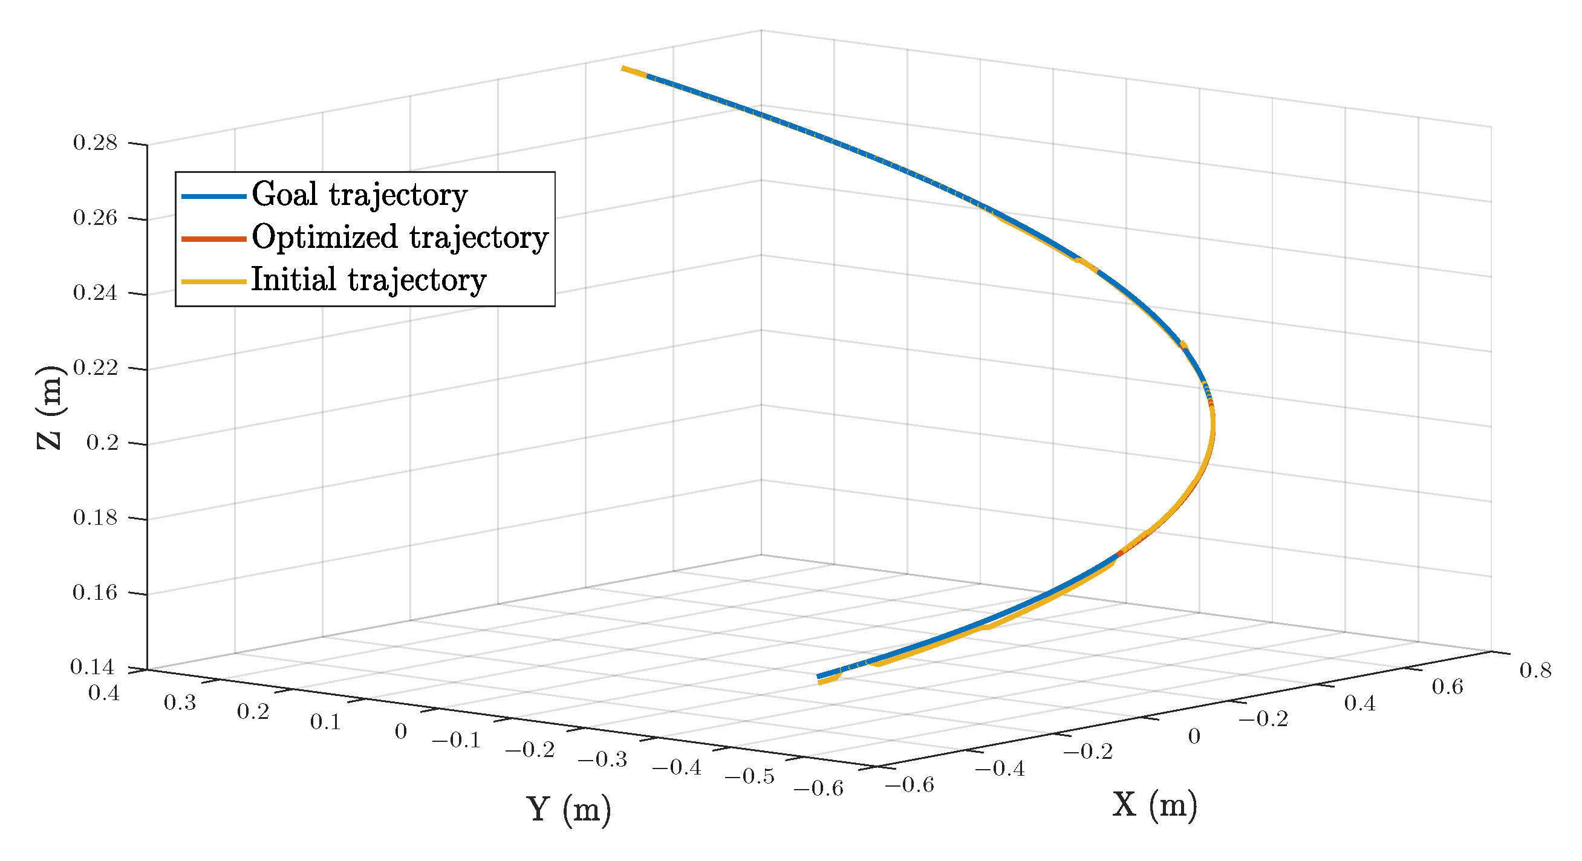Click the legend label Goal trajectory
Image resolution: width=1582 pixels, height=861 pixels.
pyautogui.click(x=359, y=195)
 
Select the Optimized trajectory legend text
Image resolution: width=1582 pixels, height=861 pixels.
pyautogui.click(x=399, y=238)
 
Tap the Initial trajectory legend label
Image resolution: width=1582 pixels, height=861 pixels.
pyautogui.click(x=368, y=280)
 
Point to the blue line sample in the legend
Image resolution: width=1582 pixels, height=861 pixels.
pyautogui.click(x=213, y=197)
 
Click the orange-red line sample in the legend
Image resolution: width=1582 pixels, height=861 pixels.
pyautogui.click(x=213, y=239)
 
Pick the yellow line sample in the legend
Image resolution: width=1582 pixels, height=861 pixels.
pyautogui.click(x=213, y=282)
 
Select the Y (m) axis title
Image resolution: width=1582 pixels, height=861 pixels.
pyautogui.click(x=568, y=809)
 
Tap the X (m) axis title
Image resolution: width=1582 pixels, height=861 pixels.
pyautogui.click(x=1154, y=805)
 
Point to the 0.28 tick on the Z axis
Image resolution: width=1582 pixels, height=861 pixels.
pyautogui.click(x=95, y=143)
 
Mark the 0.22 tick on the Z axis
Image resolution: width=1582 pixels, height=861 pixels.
pyautogui.click(x=95, y=368)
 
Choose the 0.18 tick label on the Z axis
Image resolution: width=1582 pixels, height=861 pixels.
pyautogui.click(x=95, y=518)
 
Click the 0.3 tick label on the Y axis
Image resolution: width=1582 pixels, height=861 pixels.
pyautogui.click(x=180, y=703)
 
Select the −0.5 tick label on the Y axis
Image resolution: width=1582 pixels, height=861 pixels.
pyautogui.click(x=749, y=777)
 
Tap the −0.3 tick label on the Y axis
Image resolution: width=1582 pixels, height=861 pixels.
pyautogui.click(x=602, y=759)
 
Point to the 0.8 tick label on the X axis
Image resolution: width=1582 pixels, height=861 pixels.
pyautogui.click(x=1535, y=670)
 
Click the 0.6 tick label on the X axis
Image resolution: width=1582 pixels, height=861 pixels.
pyautogui.click(x=1448, y=687)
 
